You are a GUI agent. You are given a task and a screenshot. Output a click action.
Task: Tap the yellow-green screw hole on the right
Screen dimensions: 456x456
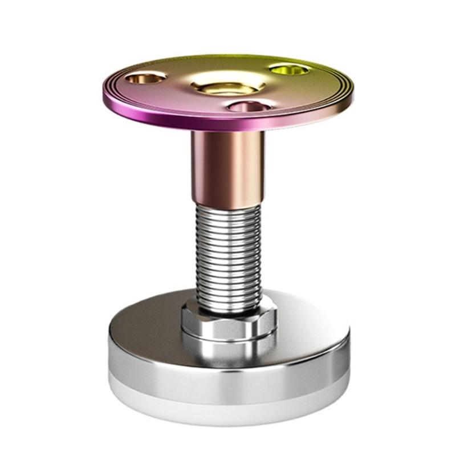(290, 70)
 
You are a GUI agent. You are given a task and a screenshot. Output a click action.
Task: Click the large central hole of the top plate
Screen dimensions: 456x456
(227, 87)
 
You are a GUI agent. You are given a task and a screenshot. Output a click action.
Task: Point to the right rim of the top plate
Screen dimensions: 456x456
(349, 94)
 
